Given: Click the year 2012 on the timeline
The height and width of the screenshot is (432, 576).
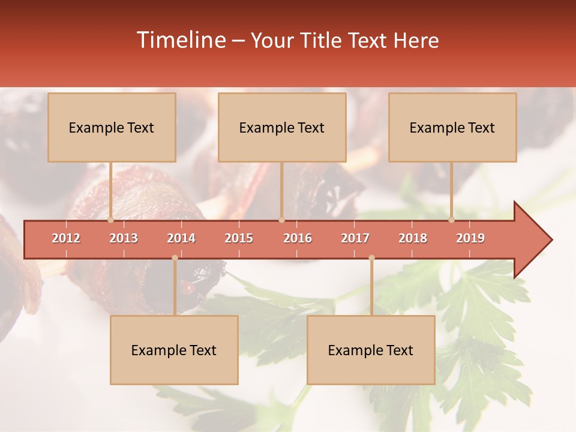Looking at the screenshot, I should tap(66, 238).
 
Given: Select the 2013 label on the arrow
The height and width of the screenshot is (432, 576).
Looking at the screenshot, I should tap(124, 238).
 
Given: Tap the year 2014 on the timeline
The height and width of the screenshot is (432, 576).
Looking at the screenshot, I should tap(181, 238).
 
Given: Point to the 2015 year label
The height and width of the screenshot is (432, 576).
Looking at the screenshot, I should tap(239, 238).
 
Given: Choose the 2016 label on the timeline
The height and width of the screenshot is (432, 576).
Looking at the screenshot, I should tap(298, 238).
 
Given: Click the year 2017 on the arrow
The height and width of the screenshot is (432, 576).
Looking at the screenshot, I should tap(355, 238).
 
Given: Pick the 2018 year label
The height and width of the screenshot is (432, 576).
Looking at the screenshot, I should tap(413, 238).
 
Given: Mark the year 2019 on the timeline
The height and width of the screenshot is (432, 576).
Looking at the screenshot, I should tap(470, 238).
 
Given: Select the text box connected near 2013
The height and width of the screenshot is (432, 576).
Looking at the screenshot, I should tap(112, 127).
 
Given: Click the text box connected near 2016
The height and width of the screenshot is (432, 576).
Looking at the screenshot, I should tap(282, 127).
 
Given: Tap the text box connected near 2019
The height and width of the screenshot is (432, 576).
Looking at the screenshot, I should tap(452, 127).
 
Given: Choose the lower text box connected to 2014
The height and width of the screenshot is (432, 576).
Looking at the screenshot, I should tap(174, 350).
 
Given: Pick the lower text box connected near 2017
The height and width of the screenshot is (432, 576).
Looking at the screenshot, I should tap(371, 350).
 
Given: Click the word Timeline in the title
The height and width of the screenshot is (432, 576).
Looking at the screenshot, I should tap(180, 40).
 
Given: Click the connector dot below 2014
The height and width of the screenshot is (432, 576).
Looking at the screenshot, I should tap(175, 258).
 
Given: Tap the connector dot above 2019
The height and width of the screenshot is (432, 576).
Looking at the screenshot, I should tap(452, 220).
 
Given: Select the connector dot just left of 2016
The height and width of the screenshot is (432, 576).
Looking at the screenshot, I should tap(281, 220).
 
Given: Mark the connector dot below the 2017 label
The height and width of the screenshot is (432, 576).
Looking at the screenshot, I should tap(371, 258).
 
